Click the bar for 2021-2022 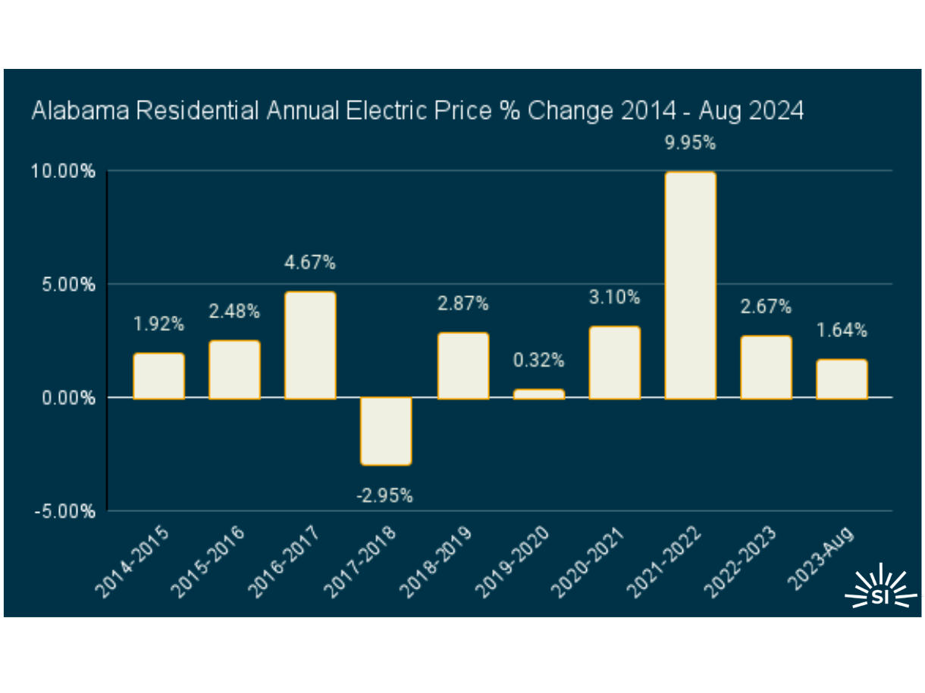click(x=690, y=285)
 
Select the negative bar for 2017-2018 click(x=386, y=431)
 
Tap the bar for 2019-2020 click(x=538, y=394)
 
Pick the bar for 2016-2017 click(x=310, y=345)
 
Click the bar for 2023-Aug click(x=842, y=379)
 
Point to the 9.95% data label click(x=690, y=142)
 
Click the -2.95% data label click(x=385, y=496)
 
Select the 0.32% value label click(x=538, y=361)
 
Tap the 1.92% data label click(x=158, y=324)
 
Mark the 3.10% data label click(x=614, y=298)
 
